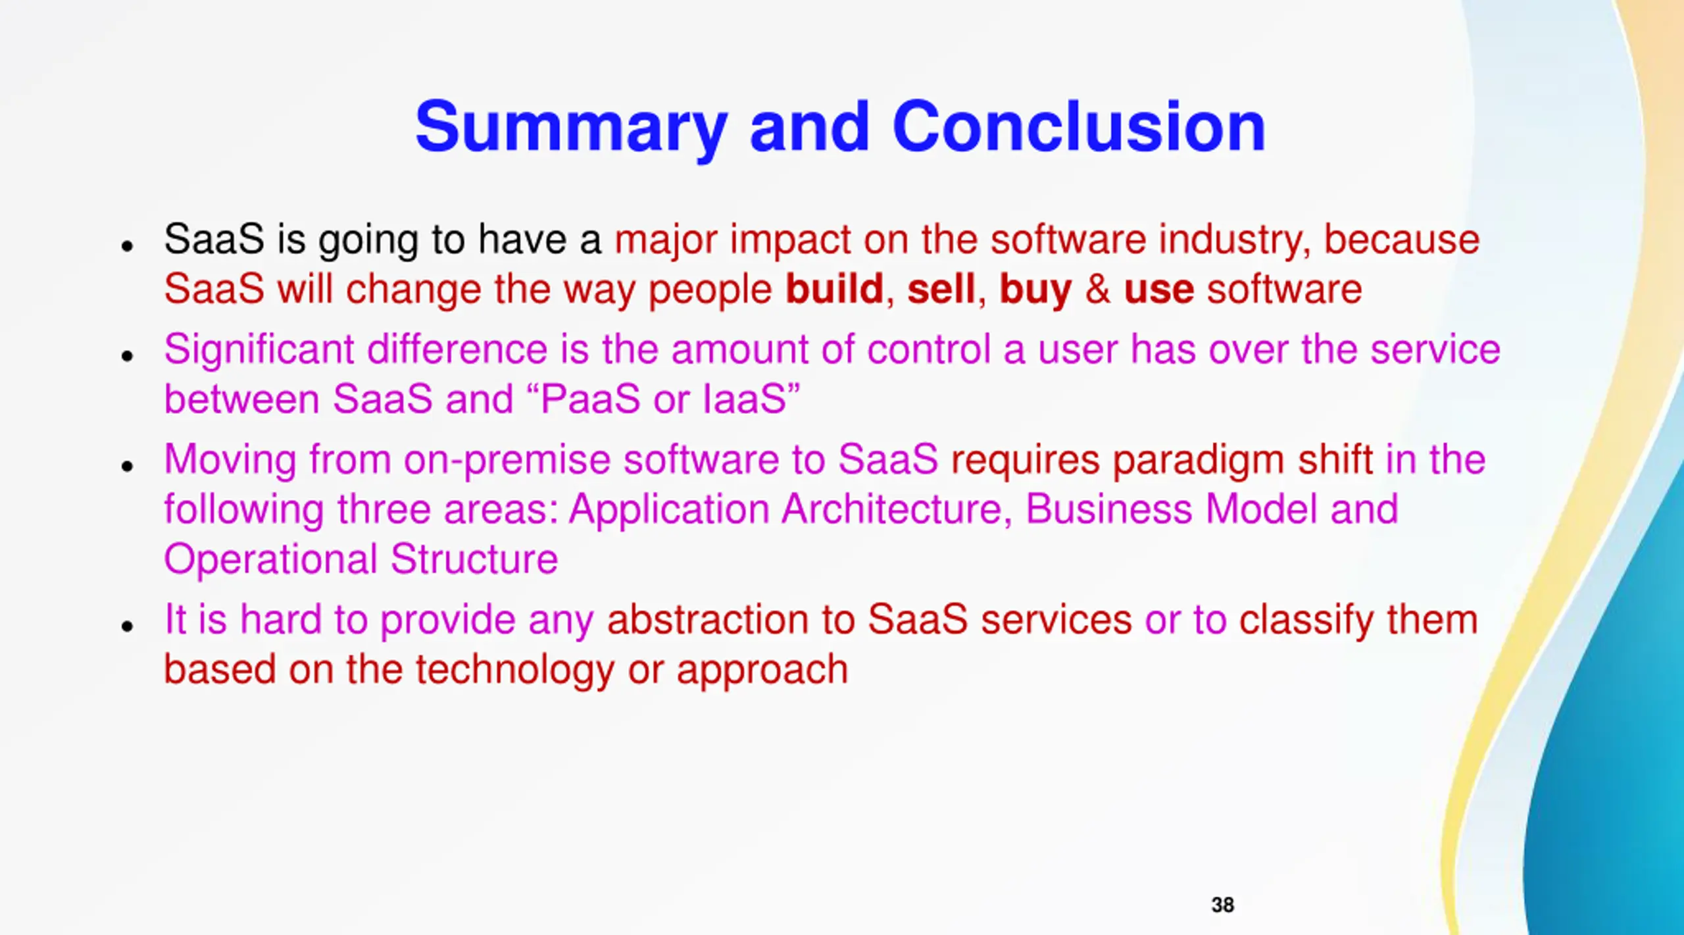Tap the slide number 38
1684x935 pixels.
coord(1222,905)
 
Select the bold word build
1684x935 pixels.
coord(834,289)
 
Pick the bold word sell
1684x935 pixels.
coord(941,289)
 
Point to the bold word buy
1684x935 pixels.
coord(1035,291)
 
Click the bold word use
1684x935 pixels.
coord(1158,292)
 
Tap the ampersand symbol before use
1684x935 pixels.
coord(1098,290)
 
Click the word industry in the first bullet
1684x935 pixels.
coord(1235,241)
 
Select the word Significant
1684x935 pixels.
coord(259,351)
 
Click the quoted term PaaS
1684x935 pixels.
coord(590,399)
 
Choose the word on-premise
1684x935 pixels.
coord(507,461)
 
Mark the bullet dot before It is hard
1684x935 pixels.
coord(128,626)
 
